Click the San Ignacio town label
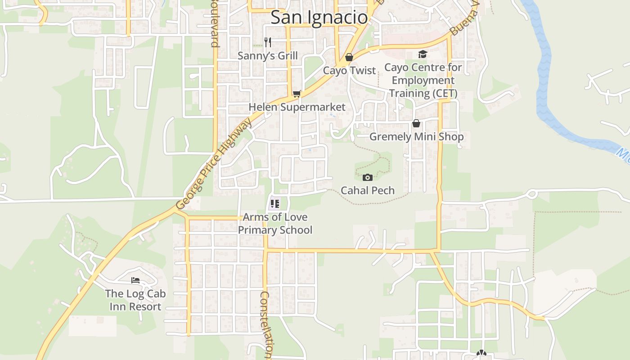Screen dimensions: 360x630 (x=319, y=18)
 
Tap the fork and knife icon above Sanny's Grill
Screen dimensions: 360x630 (x=268, y=42)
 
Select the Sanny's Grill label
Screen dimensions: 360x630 (x=268, y=56)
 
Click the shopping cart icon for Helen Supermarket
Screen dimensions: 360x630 (x=297, y=94)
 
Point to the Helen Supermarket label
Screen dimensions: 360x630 (x=297, y=107)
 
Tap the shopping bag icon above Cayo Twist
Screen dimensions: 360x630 (x=349, y=57)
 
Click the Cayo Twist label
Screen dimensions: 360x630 (x=349, y=71)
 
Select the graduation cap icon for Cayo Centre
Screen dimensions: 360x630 (x=423, y=54)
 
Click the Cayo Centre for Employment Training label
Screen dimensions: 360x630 (x=423, y=81)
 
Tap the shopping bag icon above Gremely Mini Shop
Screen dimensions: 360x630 (x=416, y=123)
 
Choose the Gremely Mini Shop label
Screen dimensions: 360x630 (x=416, y=137)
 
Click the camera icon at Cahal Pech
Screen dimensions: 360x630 (x=368, y=177)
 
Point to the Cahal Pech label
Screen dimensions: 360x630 (x=368, y=190)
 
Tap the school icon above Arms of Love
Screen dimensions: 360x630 (x=275, y=204)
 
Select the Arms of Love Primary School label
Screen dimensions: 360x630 (x=275, y=224)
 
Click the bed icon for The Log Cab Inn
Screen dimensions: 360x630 (x=135, y=280)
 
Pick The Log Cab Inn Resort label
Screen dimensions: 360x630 (x=135, y=300)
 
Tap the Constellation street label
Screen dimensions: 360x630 (x=266, y=324)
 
